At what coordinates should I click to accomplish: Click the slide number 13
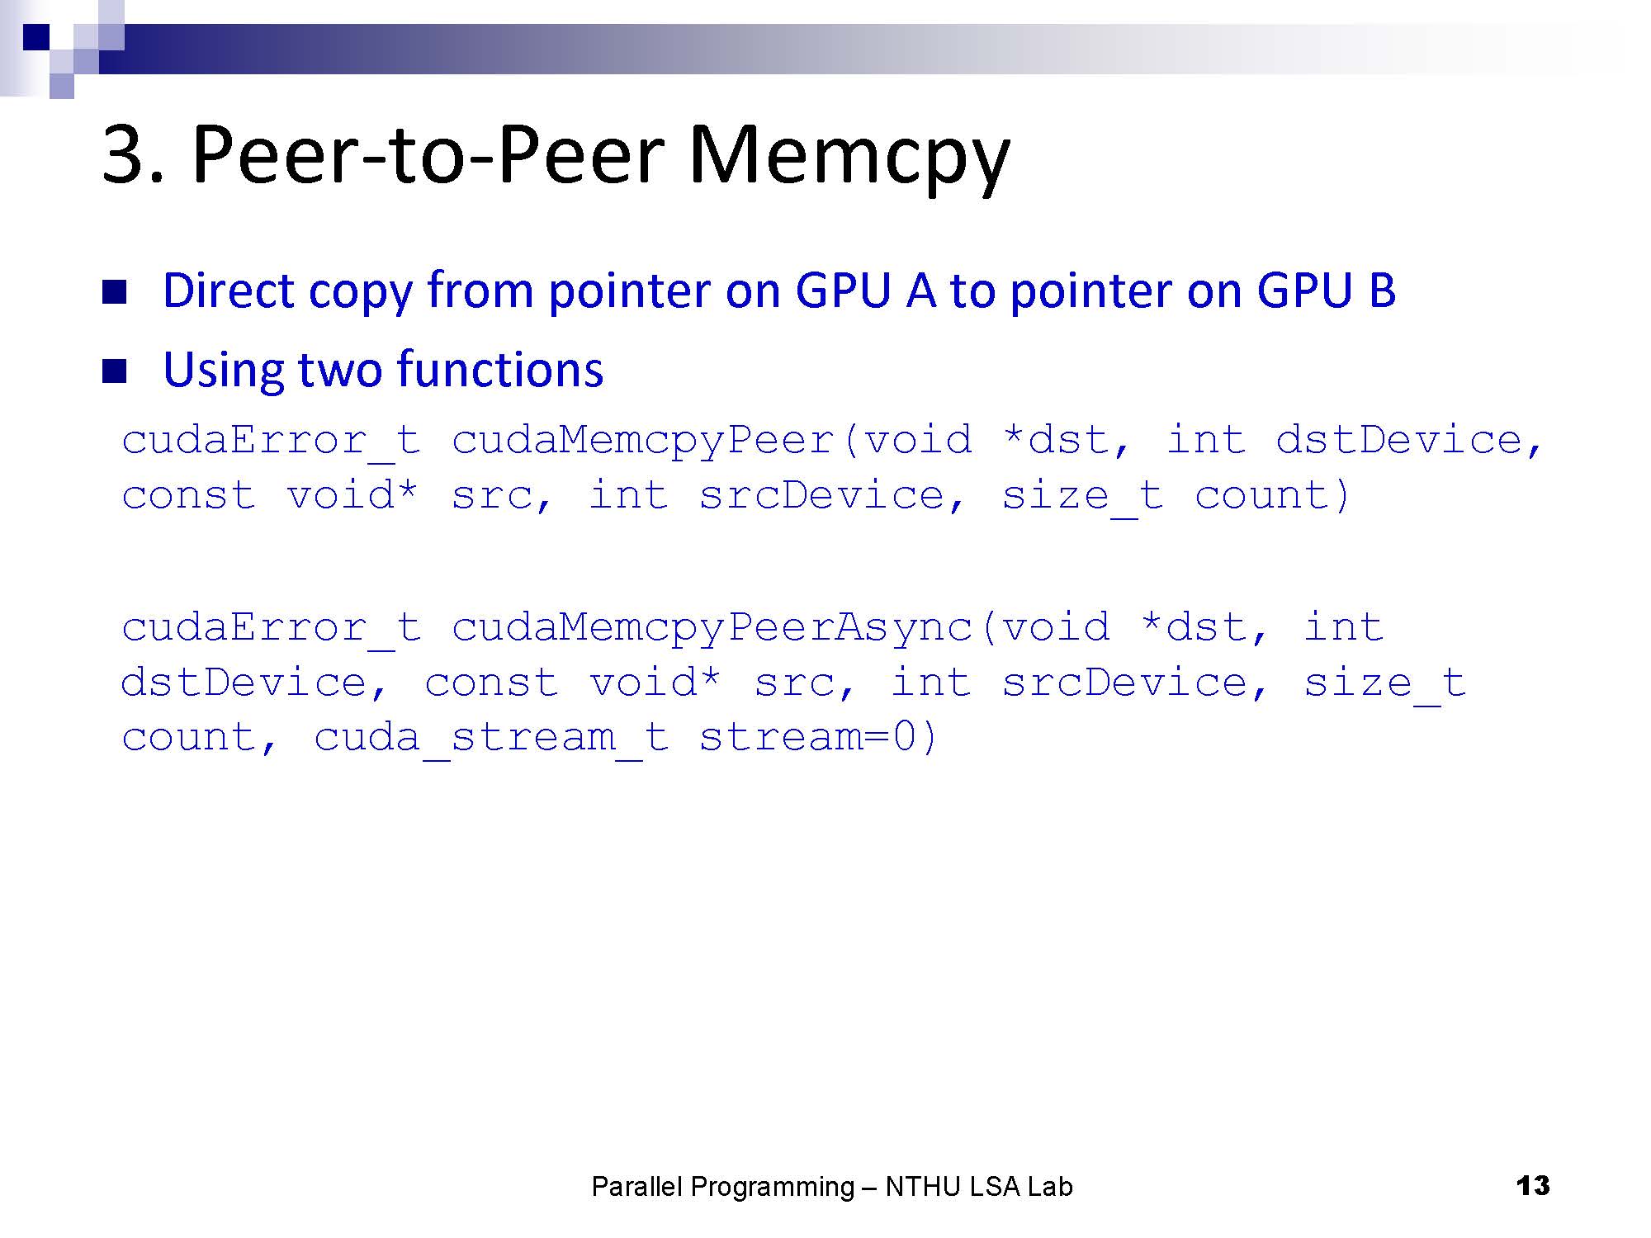pos(1533,1186)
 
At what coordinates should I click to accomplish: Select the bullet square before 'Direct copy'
pos(114,292)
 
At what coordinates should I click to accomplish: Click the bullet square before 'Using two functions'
pos(114,371)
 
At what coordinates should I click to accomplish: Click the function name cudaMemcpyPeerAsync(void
pos(780,627)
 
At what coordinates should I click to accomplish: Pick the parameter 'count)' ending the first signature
pos(1272,495)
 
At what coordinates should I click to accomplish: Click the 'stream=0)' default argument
pos(818,737)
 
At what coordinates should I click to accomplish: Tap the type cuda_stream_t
pos(491,737)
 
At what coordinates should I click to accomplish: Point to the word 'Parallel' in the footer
pos(637,1187)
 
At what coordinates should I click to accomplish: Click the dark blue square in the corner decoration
pos(36,36)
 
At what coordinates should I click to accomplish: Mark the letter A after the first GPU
pos(921,291)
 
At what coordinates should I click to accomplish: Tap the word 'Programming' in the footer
pos(772,1187)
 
